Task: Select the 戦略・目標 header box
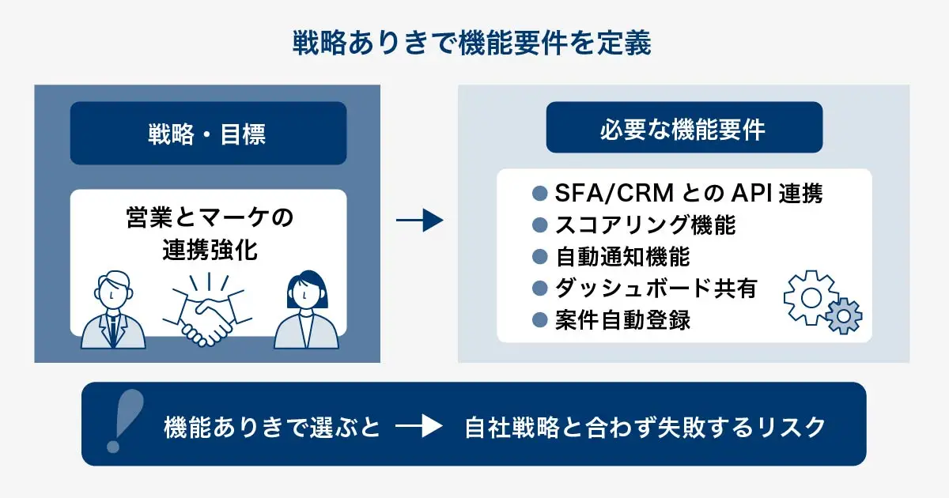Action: (208, 134)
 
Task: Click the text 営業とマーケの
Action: (209, 217)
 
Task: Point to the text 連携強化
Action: (209, 251)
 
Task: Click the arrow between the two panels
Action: (419, 221)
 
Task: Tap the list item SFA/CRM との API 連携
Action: (687, 193)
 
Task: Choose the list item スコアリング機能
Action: (645, 225)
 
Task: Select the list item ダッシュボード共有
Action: (656, 289)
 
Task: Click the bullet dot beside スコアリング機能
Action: (541, 225)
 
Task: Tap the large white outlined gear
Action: (807, 296)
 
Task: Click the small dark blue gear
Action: (843, 317)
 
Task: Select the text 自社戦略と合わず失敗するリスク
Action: (645, 428)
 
